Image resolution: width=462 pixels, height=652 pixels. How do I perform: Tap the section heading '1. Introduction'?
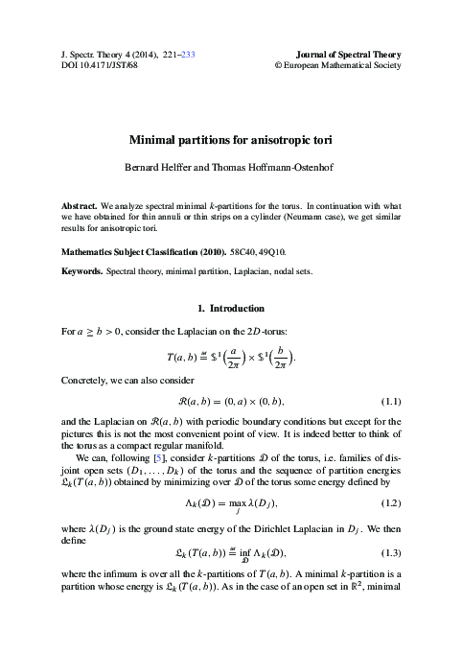point(230,309)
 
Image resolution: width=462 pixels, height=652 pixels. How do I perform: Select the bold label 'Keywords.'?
point(74,272)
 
